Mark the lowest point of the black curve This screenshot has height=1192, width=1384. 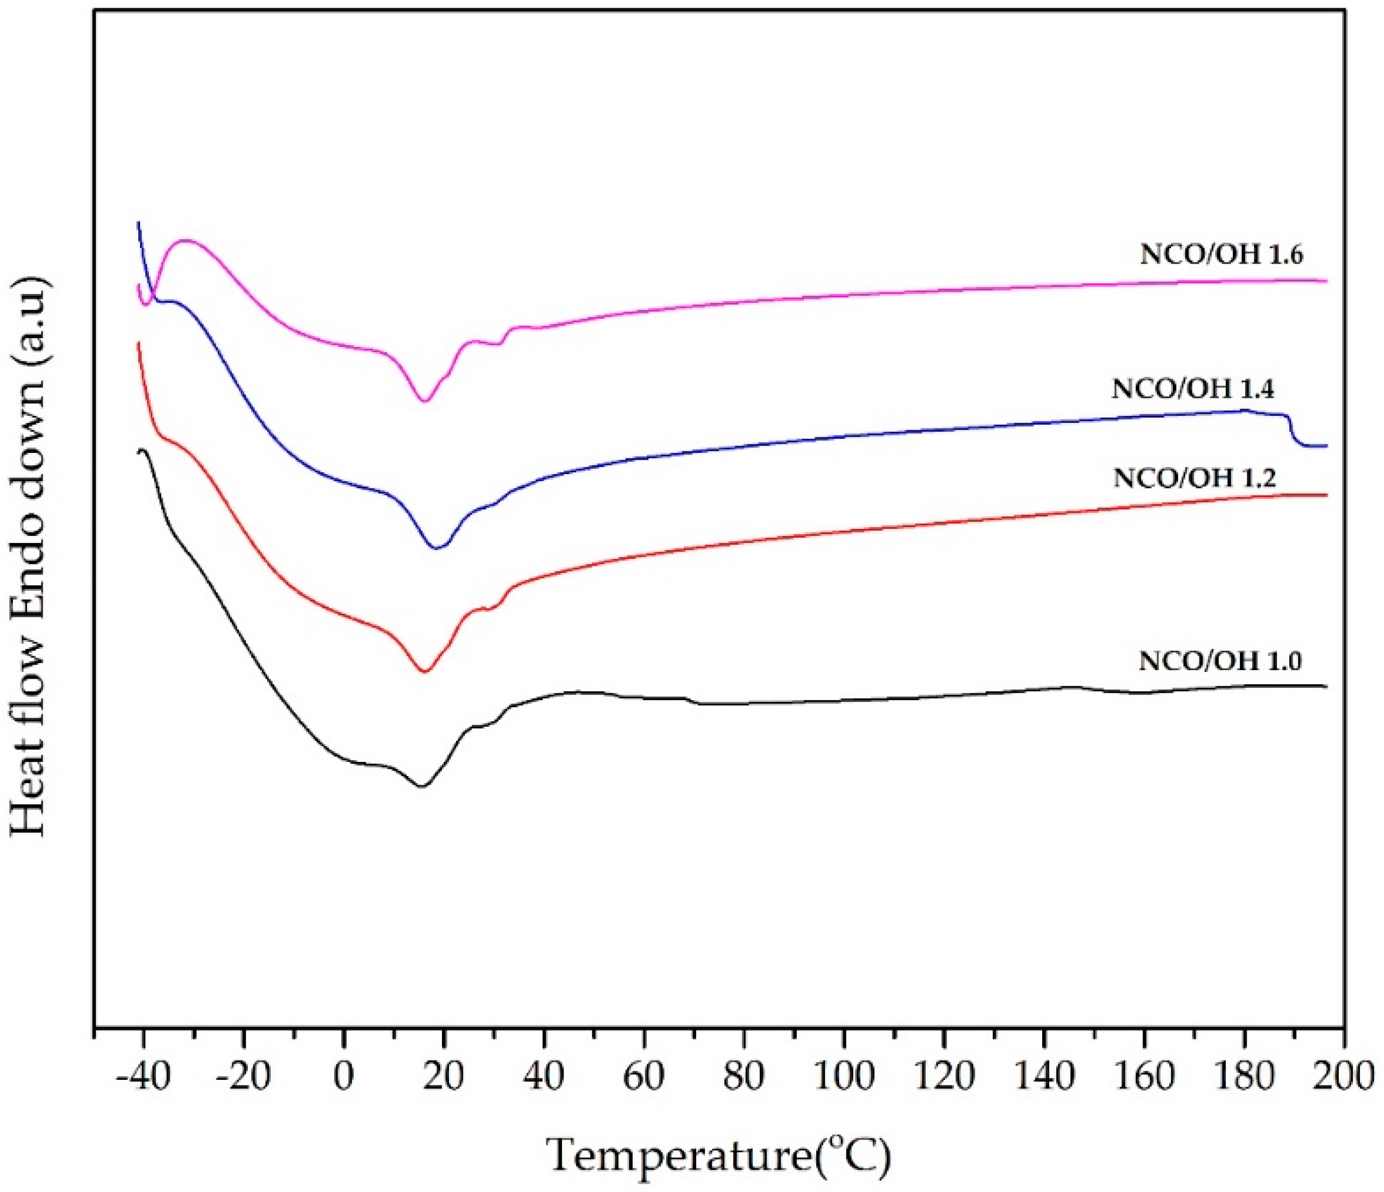click(x=421, y=786)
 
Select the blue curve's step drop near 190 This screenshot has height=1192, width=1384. click(x=1291, y=431)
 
